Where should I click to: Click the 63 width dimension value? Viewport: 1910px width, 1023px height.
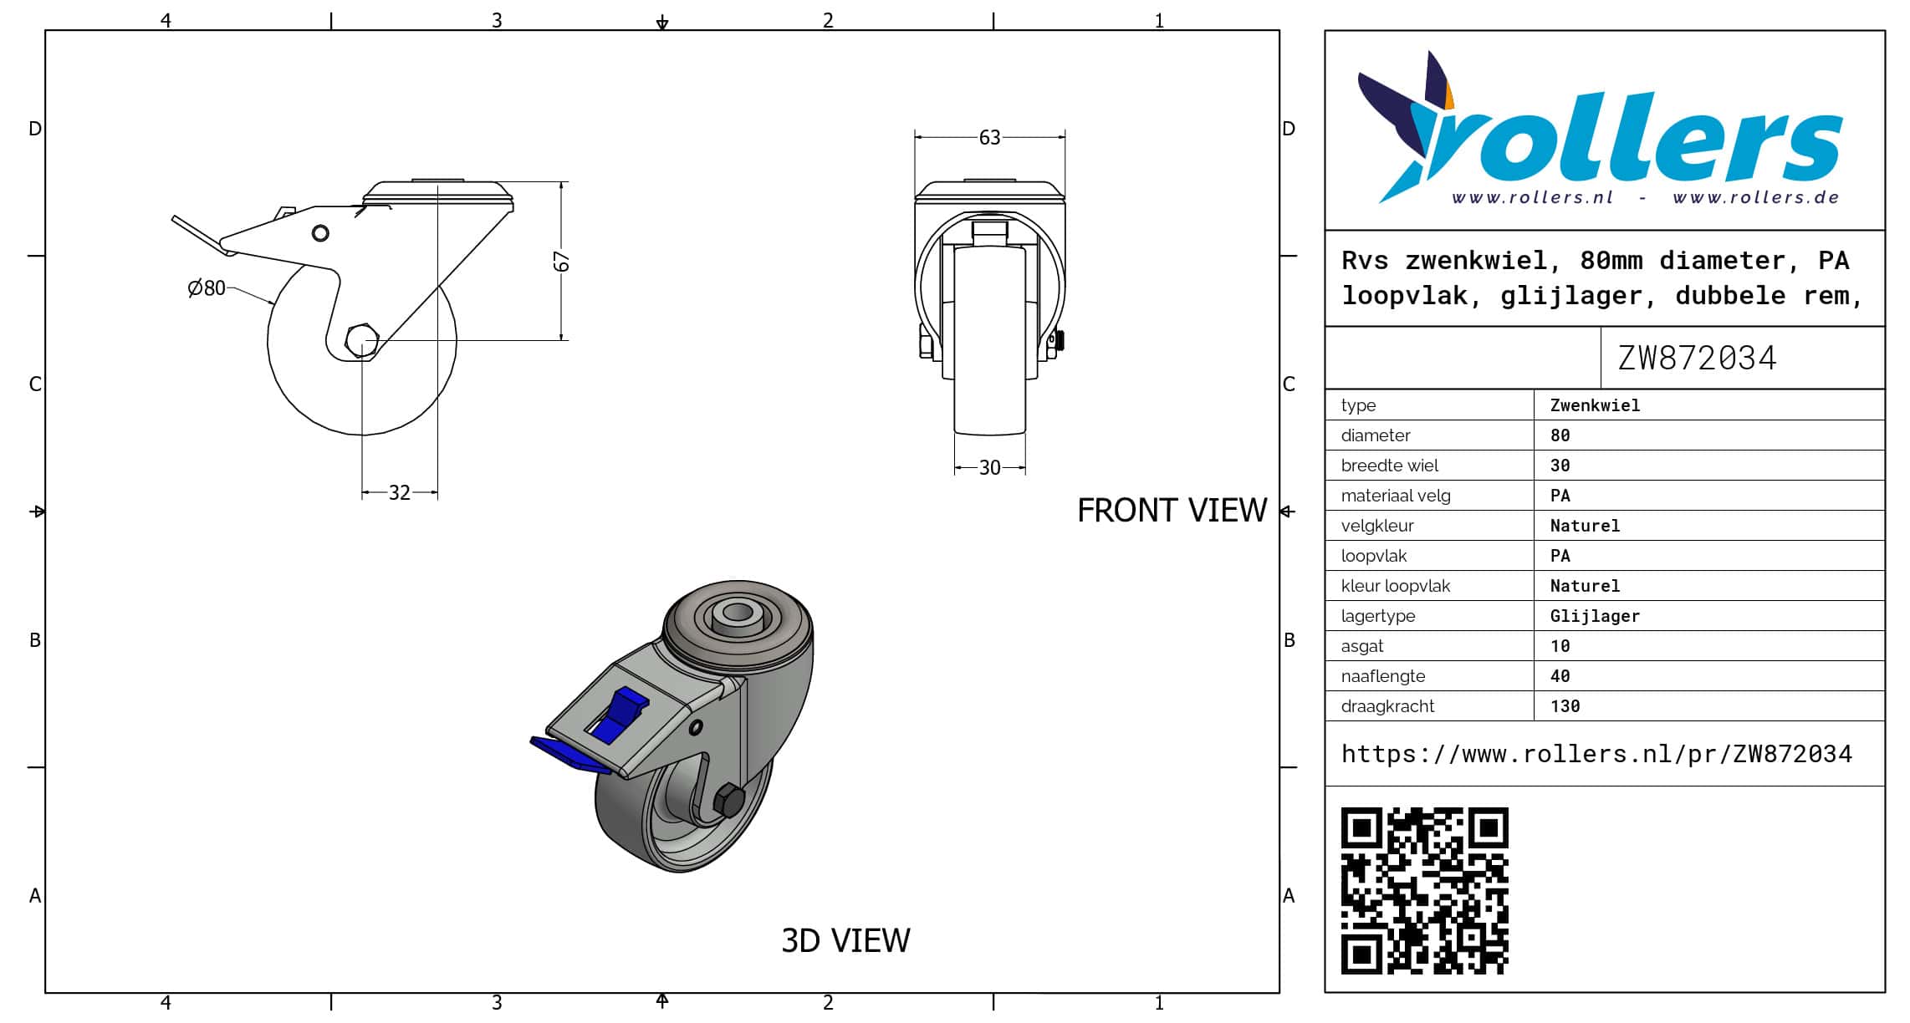(x=989, y=137)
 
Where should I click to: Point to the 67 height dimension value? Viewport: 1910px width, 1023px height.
(x=562, y=262)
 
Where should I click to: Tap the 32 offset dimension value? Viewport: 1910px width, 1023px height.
(x=400, y=493)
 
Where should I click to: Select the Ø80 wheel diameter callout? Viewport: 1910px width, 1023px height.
(x=207, y=288)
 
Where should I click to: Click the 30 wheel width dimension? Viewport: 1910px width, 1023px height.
(x=990, y=468)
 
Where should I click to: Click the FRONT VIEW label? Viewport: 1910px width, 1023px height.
(x=1172, y=511)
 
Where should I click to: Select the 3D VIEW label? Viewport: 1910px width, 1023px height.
(x=845, y=941)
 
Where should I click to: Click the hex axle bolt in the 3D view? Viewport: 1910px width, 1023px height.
(x=729, y=801)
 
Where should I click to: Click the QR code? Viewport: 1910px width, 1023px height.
(x=1425, y=891)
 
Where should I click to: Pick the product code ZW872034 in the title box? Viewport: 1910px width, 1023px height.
(x=1697, y=359)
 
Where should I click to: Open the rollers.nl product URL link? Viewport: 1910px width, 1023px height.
(x=1596, y=754)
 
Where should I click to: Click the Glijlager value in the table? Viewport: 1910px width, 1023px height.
(x=1595, y=616)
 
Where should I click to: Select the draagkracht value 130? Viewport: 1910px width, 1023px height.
(x=1565, y=706)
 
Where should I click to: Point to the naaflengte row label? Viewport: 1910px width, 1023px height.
(x=1383, y=676)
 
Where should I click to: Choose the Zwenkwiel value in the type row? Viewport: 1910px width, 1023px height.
(x=1595, y=405)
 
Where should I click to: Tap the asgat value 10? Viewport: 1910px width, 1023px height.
(x=1560, y=646)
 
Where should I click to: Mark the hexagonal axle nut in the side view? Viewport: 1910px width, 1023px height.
(x=362, y=340)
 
